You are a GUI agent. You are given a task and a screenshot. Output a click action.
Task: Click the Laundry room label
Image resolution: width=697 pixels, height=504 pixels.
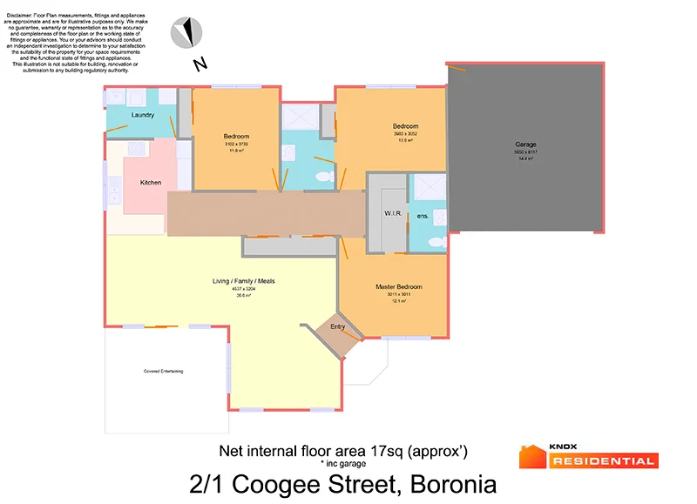(x=142, y=115)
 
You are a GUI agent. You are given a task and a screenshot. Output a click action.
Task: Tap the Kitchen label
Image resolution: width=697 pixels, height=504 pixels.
(x=151, y=182)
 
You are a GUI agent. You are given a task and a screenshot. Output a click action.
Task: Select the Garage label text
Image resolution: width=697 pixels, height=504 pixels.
(x=525, y=144)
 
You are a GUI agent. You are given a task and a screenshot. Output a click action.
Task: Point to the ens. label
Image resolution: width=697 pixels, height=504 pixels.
(x=423, y=215)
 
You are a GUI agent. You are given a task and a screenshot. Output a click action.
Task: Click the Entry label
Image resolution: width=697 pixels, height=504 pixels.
(x=338, y=326)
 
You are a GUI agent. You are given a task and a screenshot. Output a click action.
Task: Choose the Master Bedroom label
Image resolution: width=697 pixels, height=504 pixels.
(x=398, y=286)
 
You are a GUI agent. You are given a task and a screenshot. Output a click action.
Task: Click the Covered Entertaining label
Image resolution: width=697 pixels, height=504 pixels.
(x=164, y=371)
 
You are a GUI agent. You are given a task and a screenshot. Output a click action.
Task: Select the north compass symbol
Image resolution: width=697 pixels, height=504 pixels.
(x=186, y=33)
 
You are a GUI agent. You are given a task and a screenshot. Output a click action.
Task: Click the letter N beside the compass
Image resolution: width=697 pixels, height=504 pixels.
(x=200, y=64)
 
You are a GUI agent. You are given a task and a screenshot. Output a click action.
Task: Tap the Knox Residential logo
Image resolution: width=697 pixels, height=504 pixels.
(x=588, y=455)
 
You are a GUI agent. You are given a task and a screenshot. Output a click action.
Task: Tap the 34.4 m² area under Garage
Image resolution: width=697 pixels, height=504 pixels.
(x=525, y=158)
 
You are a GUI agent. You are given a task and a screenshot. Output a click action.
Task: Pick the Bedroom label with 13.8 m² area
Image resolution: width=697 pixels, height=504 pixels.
(x=405, y=126)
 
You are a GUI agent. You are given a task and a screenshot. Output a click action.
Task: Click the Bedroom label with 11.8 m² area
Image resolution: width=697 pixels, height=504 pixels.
(x=236, y=137)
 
